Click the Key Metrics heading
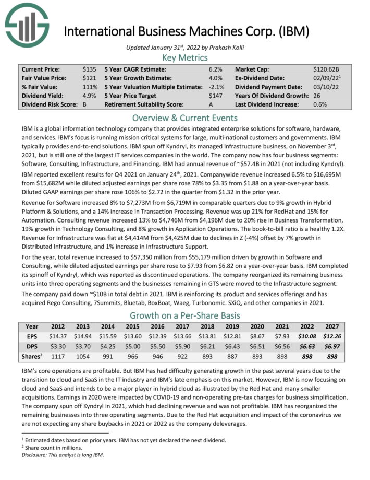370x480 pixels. click(185, 57)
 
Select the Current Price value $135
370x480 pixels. click(90, 69)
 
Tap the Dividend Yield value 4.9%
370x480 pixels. click(90, 96)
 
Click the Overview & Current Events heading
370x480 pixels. click(185, 117)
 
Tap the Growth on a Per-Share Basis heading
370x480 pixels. click(185, 315)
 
